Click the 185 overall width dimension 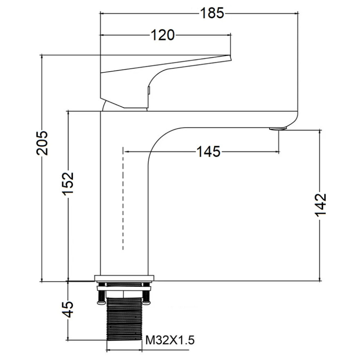pos(212,13)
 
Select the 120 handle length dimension pos(162,35)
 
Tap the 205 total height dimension pos(42,143)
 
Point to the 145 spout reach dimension pos(209,151)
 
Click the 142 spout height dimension pos(320,205)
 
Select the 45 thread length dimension pos(68,309)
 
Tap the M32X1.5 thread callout pos(170,340)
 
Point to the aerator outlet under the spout pos(278,129)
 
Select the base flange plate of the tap pos(124,278)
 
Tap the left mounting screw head pos(101,303)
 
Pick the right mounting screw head pos(146,303)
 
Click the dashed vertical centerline pos(123,198)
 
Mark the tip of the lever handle pos(230,57)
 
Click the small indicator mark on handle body pos(148,90)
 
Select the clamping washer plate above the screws pos(124,288)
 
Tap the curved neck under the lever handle pos(103,106)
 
